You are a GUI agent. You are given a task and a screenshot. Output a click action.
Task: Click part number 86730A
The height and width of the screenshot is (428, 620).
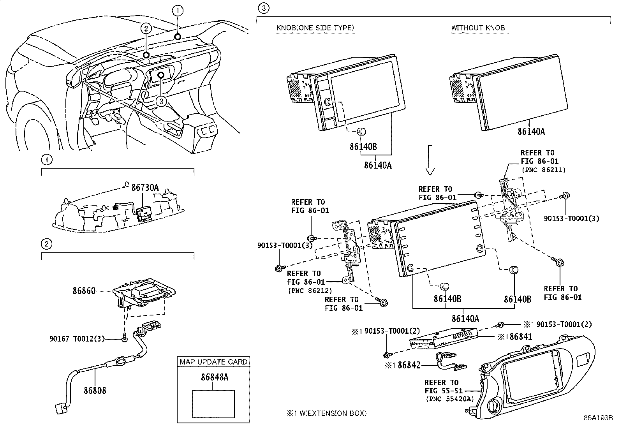[145, 188]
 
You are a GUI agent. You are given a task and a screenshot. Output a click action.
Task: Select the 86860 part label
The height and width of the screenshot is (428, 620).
[84, 291]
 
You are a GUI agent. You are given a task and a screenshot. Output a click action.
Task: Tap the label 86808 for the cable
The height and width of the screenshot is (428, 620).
[95, 390]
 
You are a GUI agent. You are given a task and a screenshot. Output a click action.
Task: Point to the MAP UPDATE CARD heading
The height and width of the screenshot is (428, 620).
[213, 362]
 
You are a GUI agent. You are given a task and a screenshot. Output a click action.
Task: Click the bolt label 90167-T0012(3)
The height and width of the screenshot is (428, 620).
[77, 339]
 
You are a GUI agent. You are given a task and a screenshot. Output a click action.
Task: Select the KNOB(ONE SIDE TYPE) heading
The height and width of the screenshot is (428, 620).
[315, 28]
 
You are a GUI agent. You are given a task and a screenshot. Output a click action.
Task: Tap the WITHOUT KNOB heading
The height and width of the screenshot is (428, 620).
[478, 28]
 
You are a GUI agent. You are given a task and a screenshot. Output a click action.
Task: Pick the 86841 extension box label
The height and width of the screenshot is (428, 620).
[518, 336]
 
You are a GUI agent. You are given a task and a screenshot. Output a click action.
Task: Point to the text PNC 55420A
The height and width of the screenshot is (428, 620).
[450, 398]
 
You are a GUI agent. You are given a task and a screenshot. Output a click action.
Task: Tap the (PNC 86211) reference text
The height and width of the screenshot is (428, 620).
[543, 170]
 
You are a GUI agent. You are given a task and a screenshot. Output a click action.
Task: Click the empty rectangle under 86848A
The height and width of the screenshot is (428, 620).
[213, 404]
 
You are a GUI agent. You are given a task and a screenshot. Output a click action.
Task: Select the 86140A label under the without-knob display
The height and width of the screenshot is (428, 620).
[531, 131]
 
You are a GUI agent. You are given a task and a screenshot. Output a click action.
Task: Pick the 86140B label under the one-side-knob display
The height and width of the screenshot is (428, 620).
[363, 146]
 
